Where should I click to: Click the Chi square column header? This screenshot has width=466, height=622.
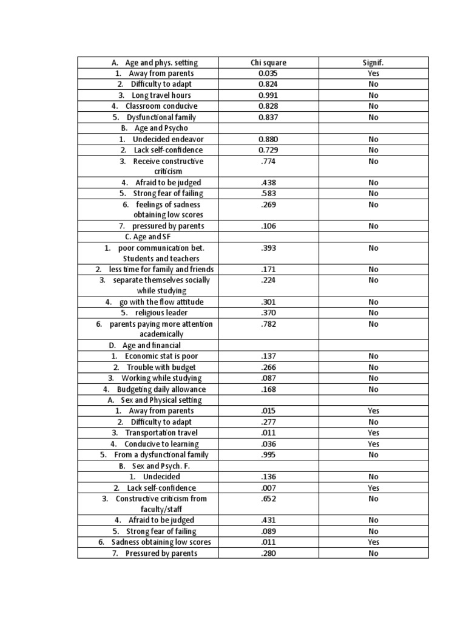[x=268, y=63]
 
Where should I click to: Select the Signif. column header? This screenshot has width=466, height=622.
[x=373, y=63]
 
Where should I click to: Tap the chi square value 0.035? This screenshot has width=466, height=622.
[x=268, y=73]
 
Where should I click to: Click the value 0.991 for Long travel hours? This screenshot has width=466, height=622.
[x=268, y=95]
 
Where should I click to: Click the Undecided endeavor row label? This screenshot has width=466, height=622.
[x=161, y=139]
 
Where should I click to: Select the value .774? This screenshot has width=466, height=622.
[x=268, y=161]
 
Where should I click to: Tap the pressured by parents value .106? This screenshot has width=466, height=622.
[x=268, y=226]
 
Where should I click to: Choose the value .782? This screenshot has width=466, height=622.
[x=268, y=324]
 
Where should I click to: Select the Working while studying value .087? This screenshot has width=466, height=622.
[x=268, y=378]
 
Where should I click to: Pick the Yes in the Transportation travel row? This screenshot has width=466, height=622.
[x=373, y=433]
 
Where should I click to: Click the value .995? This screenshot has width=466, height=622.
[x=268, y=455]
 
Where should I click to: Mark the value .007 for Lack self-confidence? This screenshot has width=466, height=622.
[x=268, y=488]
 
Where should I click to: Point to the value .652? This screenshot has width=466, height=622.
[x=268, y=499]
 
